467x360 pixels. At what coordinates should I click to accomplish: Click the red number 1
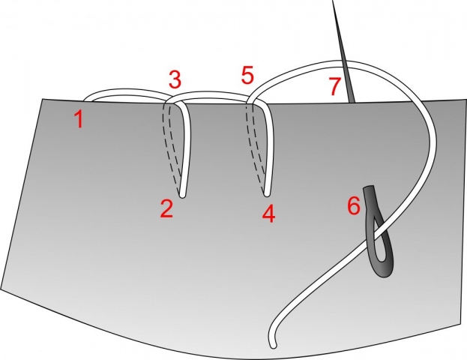point(78,118)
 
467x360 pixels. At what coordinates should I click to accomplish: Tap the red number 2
point(167,208)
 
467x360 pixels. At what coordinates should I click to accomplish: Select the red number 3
point(174,78)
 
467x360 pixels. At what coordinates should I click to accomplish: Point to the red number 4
point(268,214)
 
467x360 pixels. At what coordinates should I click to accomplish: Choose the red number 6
point(354,205)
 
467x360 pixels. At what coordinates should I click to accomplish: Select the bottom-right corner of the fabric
point(458,324)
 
